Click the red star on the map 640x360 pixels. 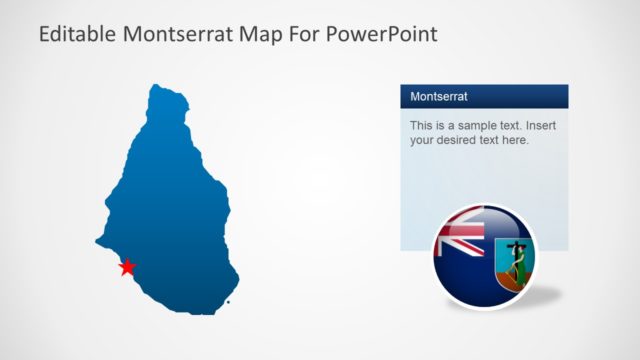(x=127, y=267)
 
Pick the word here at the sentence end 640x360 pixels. (x=514, y=141)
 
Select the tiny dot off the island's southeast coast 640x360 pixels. (x=228, y=300)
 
